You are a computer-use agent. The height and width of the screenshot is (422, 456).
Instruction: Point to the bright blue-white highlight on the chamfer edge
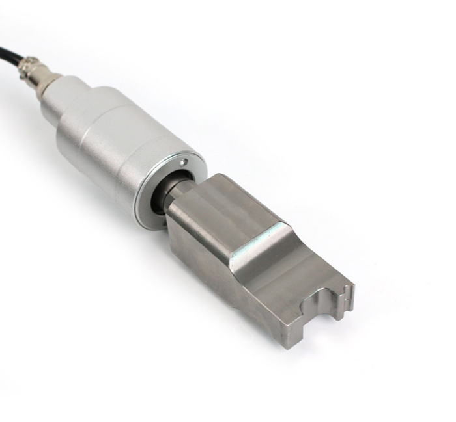[x=261, y=235]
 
